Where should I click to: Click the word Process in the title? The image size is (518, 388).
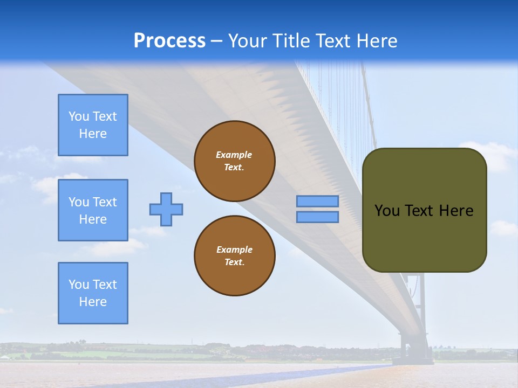click(169, 41)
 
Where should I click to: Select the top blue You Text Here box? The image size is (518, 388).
click(93, 125)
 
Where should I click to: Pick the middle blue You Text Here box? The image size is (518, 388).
click(93, 210)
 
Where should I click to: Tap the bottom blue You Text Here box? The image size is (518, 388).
click(93, 293)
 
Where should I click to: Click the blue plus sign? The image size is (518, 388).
click(166, 209)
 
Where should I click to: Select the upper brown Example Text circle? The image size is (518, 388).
click(234, 161)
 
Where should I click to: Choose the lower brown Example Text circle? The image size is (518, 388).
click(234, 256)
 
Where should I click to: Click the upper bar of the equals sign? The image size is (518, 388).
click(317, 202)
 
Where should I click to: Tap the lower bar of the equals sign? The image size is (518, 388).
click(317, 217)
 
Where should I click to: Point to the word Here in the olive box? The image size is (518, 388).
click(456, 211)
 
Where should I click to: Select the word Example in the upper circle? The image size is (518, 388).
click(234, 155)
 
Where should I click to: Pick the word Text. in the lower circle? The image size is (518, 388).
click(234, 262)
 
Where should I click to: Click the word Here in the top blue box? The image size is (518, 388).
click(93, 134)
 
